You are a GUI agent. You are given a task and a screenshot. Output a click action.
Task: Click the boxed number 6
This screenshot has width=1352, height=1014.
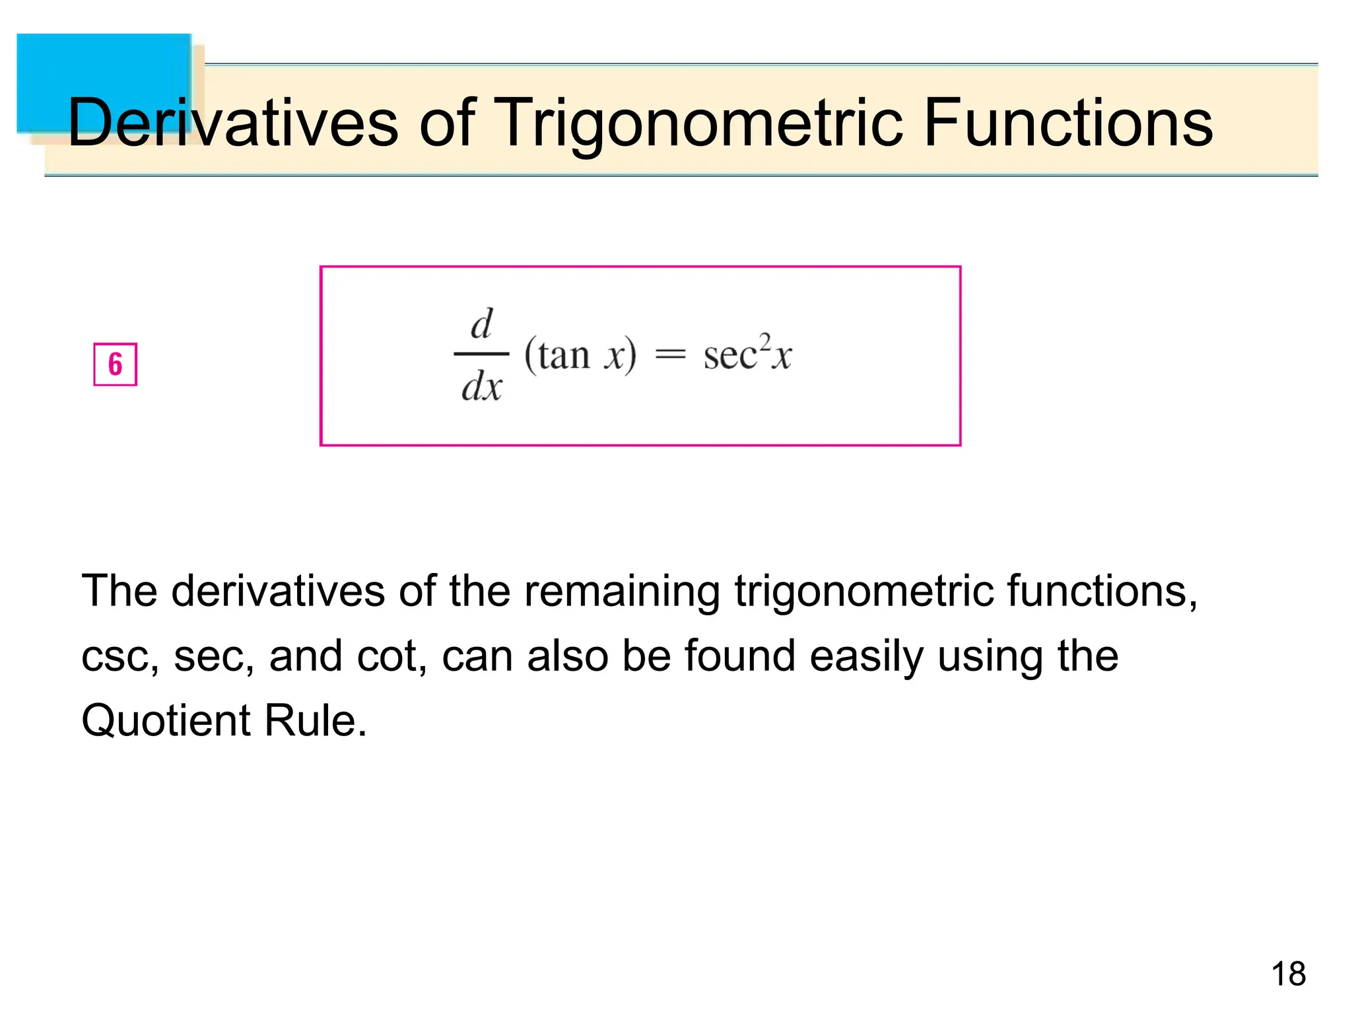click(115, 364)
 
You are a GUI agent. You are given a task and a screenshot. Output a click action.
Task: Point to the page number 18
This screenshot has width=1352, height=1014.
click(1288, 974)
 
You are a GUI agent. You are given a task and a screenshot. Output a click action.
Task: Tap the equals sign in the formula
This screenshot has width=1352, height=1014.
click(669, 356)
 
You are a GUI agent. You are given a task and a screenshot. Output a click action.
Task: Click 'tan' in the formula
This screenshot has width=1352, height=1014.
click(563, 356)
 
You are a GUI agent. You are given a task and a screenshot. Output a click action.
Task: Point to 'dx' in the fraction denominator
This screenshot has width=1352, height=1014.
click(481, 387)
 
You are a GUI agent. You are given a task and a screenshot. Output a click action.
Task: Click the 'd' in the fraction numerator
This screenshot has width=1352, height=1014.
click(481, 324)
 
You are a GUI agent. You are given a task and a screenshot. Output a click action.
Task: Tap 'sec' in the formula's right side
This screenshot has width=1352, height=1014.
click(729, 357)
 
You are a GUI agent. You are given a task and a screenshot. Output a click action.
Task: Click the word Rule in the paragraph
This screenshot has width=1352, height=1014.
click(314, 720)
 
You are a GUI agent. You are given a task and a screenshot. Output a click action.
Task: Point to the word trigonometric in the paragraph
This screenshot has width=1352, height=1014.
click(863, 591)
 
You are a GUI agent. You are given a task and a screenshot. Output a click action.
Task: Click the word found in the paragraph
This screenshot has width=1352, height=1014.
click(739, 657)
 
